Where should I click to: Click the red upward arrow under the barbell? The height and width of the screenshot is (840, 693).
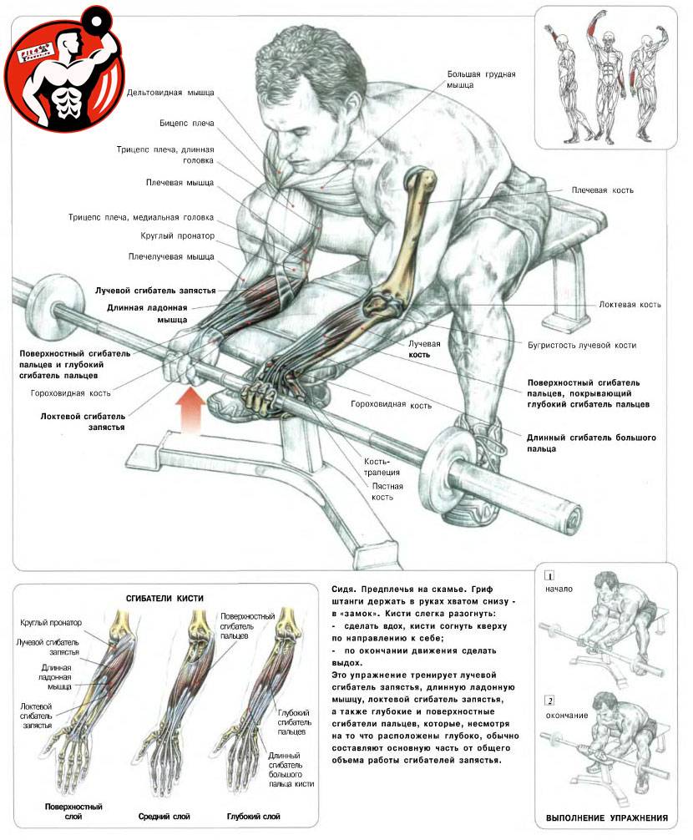coord(192,409)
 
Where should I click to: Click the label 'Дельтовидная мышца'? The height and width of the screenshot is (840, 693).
coord(170,93)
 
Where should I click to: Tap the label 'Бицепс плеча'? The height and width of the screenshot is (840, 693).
coord(186,124)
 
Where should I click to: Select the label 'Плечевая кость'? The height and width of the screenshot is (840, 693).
coord(603,190)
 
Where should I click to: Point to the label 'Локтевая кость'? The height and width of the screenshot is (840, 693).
coord(630,304)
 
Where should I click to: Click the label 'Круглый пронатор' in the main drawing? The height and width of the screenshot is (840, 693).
coord(177,235)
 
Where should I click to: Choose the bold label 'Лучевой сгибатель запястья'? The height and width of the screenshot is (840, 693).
coord(155,291)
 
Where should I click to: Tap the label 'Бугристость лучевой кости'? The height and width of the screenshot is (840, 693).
coord(582,345)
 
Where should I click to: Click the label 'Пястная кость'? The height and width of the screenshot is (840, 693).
coord(387,491)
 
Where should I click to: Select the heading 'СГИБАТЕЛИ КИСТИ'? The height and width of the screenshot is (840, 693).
coord(164,599)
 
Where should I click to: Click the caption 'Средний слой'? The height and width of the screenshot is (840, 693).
coord(164,817)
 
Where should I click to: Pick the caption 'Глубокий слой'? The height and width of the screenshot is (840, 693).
coord(253,817)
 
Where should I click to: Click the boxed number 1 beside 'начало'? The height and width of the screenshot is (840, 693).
coord(549,576)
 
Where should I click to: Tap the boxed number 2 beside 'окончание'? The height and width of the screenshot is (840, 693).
coord(549,701)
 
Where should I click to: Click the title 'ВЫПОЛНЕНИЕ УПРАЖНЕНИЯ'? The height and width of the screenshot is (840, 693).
coord(607,818)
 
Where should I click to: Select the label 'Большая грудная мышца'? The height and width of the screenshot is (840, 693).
coord(481,79)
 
